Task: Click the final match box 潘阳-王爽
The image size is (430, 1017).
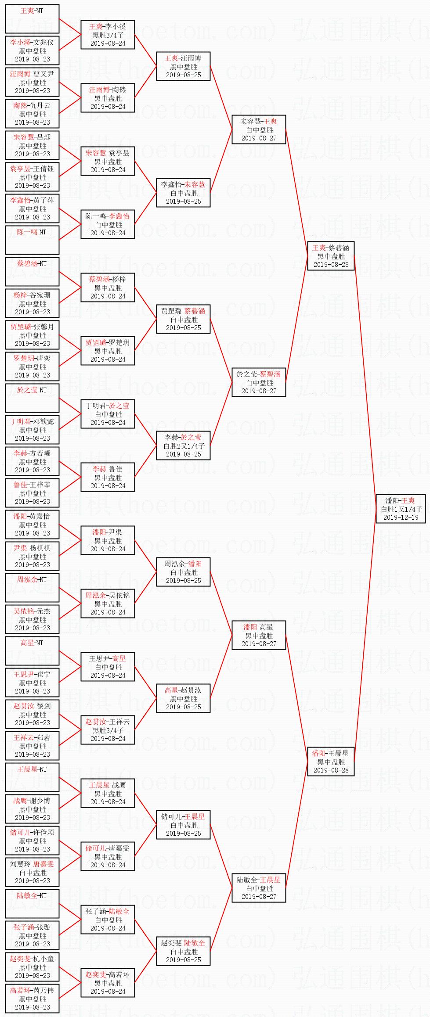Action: click(x=400, y=508)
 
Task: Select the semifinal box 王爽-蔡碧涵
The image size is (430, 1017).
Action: click(x=331, y=256)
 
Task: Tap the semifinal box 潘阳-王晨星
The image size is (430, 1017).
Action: click(x=331, y=762)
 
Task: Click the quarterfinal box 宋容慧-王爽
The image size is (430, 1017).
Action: click(x=259, y=129)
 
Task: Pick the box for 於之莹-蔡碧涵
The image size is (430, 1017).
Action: click(x=259, y=382)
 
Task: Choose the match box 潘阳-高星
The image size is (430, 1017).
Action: click(x=259, y=635)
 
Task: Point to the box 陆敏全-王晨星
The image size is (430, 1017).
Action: click(x=259, y=888)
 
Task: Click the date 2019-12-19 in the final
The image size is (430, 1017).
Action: click(x=400, y=517)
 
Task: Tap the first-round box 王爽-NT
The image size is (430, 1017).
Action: click(x=32, y=19)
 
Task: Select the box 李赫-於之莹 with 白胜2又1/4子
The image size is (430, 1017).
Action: click(x=183, y=446)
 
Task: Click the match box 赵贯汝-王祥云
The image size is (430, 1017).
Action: click(x=108, y=730)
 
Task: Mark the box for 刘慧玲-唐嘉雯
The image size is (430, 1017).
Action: click(x=32, y=872)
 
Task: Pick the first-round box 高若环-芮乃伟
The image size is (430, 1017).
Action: click(x=32, y=999)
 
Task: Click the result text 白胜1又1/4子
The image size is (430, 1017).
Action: click(x=401, y=509)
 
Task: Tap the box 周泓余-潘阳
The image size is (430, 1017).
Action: click(x=183, y=572)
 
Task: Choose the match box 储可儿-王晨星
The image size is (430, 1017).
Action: click(x=183, y=825)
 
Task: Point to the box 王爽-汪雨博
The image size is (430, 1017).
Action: click(x=183, y=66)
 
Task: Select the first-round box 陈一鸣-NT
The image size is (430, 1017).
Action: click(x=32, y=240)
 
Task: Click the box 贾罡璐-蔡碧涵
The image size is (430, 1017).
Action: click(x=183, y=319)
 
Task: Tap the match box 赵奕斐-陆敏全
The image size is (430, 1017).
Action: click(x=183, y=951)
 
